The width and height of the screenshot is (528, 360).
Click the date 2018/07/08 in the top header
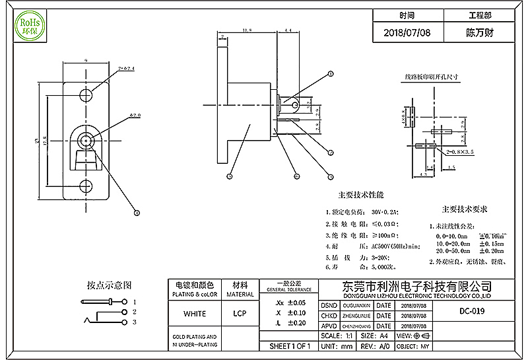[407, 32]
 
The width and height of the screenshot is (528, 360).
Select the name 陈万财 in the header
[480, 32]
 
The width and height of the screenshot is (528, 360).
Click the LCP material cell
[240, 313]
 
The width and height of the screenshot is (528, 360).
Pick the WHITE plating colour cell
[194, 313]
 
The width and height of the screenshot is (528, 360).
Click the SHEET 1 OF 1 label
[290, 346]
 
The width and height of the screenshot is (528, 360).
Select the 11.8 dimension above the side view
[248, 30]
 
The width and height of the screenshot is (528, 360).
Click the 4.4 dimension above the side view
[288, 30]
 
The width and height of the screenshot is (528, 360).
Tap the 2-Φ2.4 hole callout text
[127, 68]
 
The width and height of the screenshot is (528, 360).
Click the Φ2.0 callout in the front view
[135, 116]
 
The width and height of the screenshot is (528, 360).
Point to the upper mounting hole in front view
[86, 93]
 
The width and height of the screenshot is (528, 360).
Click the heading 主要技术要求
[465, 209]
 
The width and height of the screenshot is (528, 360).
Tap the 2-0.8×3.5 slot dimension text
[460, 151]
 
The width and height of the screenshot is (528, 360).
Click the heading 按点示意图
[110, 285]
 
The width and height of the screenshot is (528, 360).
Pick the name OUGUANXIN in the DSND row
[355, 306]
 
